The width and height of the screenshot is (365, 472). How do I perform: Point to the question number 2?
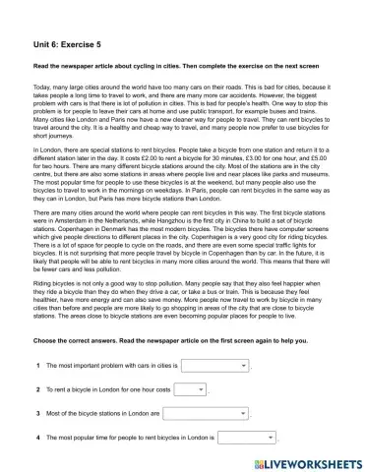(x=37, y=389)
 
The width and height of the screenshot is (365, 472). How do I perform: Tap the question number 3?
(x=37, y=413)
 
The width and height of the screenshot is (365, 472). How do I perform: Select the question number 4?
(x=37, y=437)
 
